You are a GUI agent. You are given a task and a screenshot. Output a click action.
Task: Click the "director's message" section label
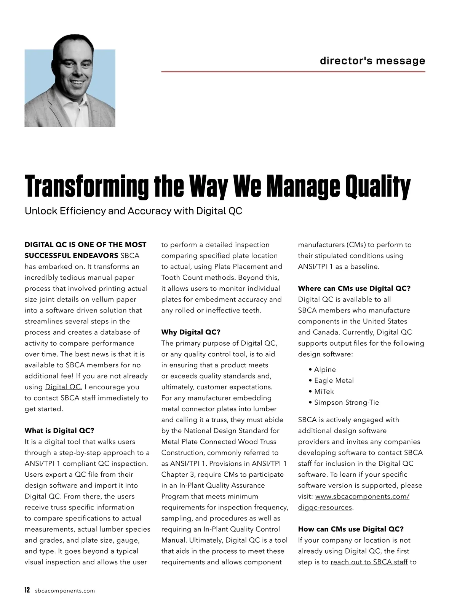tap(372, 61)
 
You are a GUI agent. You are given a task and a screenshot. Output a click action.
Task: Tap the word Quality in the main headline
tap(377, 187)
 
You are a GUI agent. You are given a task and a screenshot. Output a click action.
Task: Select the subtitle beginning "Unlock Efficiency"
tap(133, 211)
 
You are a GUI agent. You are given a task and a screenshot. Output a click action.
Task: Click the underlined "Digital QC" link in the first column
tap(63, 387)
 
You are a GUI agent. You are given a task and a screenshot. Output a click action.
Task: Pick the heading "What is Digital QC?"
tap(59, 431)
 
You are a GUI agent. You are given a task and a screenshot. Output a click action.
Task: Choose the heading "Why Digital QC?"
tap(191, 332)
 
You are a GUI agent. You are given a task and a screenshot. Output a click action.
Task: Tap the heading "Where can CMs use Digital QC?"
tap(354, 288)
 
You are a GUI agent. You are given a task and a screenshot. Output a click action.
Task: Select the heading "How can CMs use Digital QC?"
tap(351, 529)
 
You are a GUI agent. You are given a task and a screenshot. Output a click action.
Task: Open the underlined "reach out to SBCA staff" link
tap(369, 562)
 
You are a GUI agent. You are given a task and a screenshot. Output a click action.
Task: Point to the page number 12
tap(27, 590)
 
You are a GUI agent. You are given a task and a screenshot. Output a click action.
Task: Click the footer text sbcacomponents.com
tap(65, 591)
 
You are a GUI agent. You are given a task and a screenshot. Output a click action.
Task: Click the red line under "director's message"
tap(293, 72)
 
